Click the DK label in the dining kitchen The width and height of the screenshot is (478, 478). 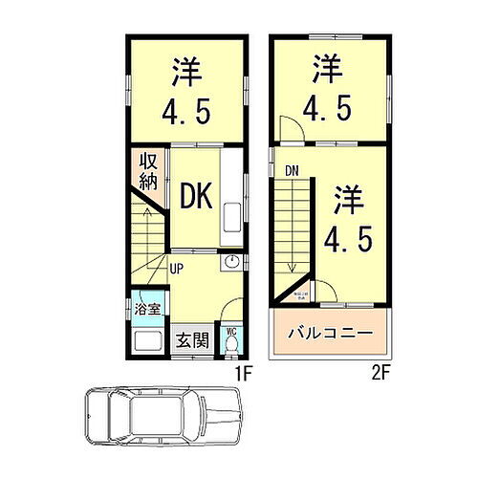[x=197, y=196]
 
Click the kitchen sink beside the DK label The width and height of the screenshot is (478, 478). [x=233, y=222]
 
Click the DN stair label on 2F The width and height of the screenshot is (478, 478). [x=290, y=170]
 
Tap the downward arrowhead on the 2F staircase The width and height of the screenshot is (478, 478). [x=293, y=269]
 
